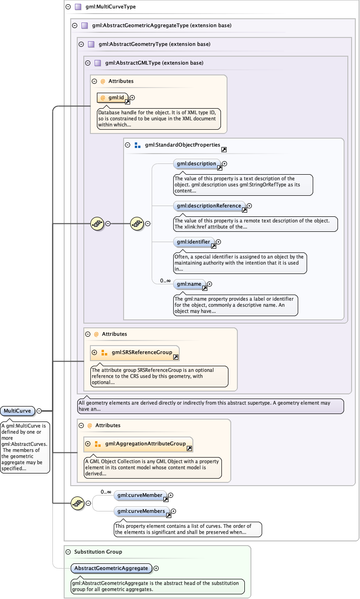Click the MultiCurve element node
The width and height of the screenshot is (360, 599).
point(18,411)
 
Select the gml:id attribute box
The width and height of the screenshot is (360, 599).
point(112,97)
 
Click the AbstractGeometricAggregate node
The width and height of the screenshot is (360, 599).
point(111,568)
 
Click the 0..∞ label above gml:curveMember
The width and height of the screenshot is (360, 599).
point(106,492)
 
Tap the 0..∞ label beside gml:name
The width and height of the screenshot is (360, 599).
point(165,281)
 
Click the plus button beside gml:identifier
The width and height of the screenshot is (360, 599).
point(218,242)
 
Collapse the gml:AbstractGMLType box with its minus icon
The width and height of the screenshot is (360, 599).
point(88,63)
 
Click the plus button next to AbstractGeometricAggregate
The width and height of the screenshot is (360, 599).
point(156,568)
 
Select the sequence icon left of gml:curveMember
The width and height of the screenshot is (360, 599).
point(77,503)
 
